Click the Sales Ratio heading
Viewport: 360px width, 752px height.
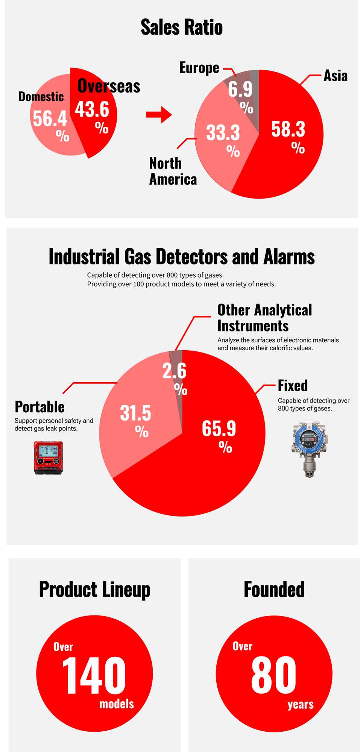tap(182, 27)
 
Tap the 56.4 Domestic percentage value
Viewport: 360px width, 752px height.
tap(50, 118)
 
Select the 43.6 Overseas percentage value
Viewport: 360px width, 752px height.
tap(92, 109)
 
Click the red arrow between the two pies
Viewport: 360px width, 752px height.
tap(159, 115)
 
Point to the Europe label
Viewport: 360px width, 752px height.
tap(199, 68)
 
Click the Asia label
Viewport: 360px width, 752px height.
tap(336, 76)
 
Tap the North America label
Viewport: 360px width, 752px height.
tap(173, 171)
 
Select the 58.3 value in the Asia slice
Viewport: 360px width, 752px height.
tap(288, 129)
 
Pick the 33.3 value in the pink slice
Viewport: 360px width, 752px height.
tap(223, 133)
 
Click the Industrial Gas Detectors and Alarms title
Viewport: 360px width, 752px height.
tap(182, 257)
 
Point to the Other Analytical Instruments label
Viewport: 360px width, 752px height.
tap(265, 318)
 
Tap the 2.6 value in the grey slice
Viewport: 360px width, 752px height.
tap(174, 371)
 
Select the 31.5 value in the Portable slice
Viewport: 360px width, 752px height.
tap(135, 413)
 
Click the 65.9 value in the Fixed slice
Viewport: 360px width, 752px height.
tap(219, 428)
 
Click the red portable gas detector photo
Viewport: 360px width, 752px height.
tap(49, 458)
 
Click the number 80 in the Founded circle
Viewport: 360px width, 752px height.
tap(274, 675)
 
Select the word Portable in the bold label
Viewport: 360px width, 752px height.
tap(39, 407)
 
